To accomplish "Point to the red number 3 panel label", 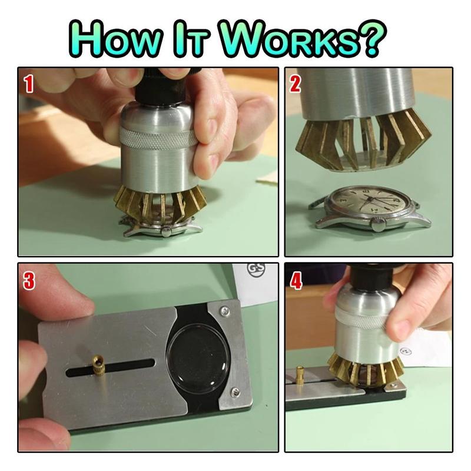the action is tap(29, 281).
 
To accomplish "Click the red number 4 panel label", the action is tap(296, 281).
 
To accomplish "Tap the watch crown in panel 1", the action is tap(166, 231).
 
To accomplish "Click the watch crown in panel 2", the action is tap(379, 224).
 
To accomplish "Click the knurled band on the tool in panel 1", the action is tap(158, 138).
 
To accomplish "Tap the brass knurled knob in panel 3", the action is tap(97, 364).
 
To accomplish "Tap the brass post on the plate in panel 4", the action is tap(301, 375).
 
